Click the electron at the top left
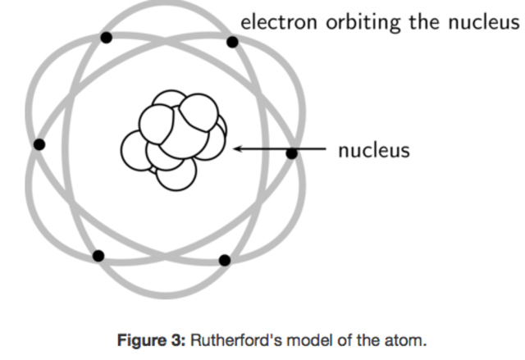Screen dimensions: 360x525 point(106,37)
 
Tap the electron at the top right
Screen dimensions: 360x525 point(233,41)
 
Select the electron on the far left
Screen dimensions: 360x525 point(39,144)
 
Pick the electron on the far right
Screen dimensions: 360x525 point(291,153)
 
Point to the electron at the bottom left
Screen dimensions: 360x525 point(98,256)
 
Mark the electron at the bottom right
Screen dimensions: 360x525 point(225,260)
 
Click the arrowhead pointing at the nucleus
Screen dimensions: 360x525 point(239,149)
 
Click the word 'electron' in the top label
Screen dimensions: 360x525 point(276,21)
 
